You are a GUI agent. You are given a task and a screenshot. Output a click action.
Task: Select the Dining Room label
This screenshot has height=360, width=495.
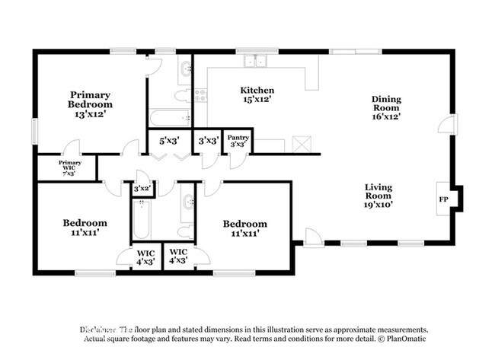click(x=386, y=107)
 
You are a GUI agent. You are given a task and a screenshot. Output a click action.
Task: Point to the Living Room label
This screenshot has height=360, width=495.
click(x=378, y=195)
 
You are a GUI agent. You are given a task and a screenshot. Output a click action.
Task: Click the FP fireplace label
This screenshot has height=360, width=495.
click(x=444, y=199)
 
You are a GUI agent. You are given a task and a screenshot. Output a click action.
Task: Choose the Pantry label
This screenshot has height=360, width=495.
click(x=238, y=140)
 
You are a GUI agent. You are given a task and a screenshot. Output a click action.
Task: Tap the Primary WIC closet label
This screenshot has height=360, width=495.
click(x=70, y=167)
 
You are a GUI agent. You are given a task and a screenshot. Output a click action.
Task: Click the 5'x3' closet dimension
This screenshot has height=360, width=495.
click(x=168, y=141)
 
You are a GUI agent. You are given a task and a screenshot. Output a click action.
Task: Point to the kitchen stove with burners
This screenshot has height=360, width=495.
click(x=201, y=95)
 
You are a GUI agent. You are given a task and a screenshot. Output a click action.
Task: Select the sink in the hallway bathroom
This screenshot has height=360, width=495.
click(x=188, y=202)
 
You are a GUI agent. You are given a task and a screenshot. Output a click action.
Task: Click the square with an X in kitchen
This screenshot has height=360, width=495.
click(x=302, y=143)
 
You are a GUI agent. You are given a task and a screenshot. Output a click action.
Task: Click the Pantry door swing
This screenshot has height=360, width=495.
click(x=238, y=158)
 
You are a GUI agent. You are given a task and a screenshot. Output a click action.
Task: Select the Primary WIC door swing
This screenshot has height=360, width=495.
click(x=72, y=148)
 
